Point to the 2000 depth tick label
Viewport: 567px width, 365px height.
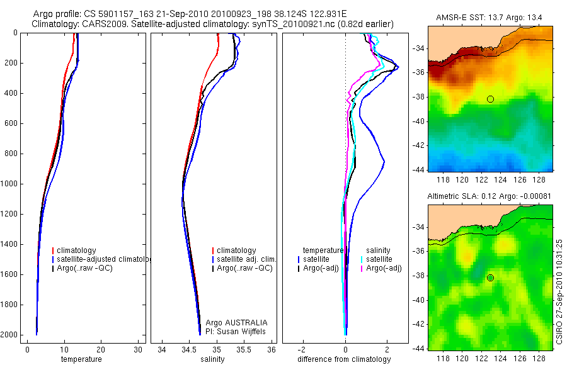10,335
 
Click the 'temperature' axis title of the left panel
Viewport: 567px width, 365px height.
81,359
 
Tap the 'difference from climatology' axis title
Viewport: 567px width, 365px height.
344,359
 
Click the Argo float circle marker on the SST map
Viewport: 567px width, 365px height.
490,99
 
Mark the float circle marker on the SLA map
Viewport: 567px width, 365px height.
490,278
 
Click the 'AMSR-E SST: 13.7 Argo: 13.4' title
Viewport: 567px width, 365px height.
490,17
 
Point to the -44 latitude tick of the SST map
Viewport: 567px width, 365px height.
419,170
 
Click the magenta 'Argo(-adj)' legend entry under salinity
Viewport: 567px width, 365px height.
384,268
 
